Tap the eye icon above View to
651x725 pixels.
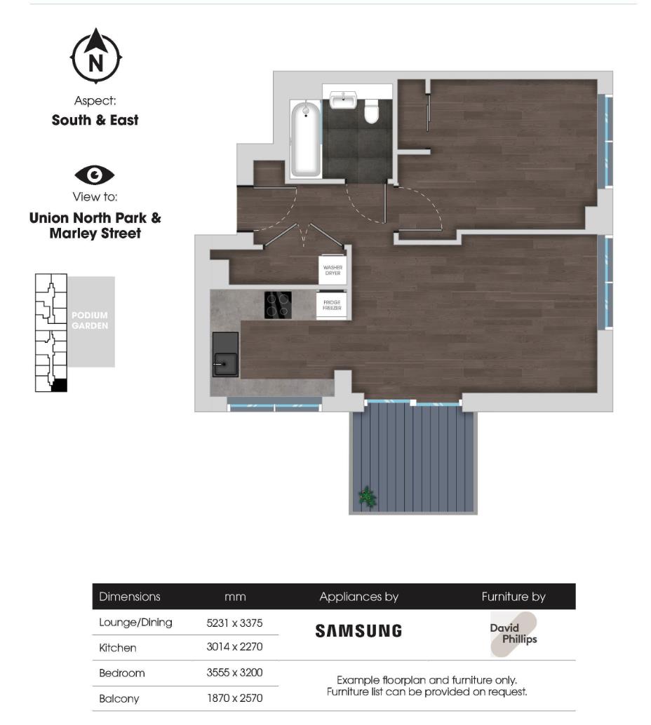click(x=95, y=175)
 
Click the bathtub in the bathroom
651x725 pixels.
click(x=306, y=138)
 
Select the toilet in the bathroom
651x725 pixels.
click(x=372, y=110)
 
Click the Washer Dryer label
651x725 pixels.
click(x=333, y=270)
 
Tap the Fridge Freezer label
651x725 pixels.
click(x=333, y=306)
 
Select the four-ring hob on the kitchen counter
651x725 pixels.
click(x=278, y=305)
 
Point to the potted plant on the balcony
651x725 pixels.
click(x=366, y=497)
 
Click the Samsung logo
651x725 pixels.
click(x=358, y=631)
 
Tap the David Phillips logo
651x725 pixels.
click(x=514, y=634)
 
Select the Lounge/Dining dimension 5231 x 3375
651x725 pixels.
click(x=234, y=623)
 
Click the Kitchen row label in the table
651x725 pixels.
click(x=118, y=648)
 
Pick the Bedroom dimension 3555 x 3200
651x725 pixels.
click(x=234, y=673)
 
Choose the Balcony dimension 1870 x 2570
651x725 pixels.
click(x=234, y=698)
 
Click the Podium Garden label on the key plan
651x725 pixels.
click(x=90, y=321)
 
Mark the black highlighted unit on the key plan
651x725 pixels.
click(x=60, y=385)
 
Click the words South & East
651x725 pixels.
click(x=95, y=120)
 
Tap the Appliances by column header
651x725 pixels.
click(x=358, y=597)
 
